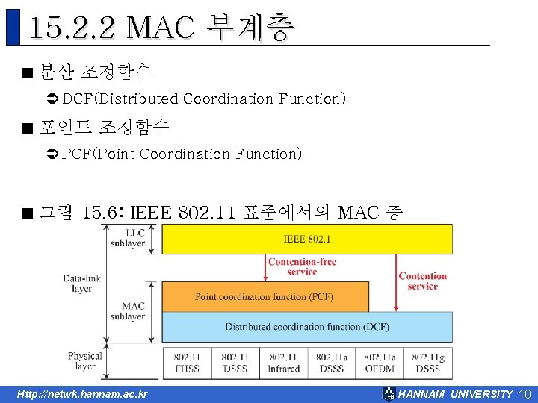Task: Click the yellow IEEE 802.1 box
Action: [x=307, y=239]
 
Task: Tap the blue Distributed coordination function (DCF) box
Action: [x=307, y=326]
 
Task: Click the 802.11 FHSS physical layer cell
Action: [x=186, y=363]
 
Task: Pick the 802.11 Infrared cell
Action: [x=283, y=363]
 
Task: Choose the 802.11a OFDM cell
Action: [x=380, y=363]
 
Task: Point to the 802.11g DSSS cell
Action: [x=428, y=363]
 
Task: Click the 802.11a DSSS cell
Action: [x=331, y=363]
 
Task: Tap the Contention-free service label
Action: [x=302, y=266]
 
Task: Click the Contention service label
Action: [x=423, y=281]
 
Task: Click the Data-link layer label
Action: [x=82, y=284]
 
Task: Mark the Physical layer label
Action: [x=85, y=361]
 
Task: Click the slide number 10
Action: [x=524, y=394]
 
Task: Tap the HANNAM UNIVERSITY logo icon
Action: [x=389, y=393]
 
